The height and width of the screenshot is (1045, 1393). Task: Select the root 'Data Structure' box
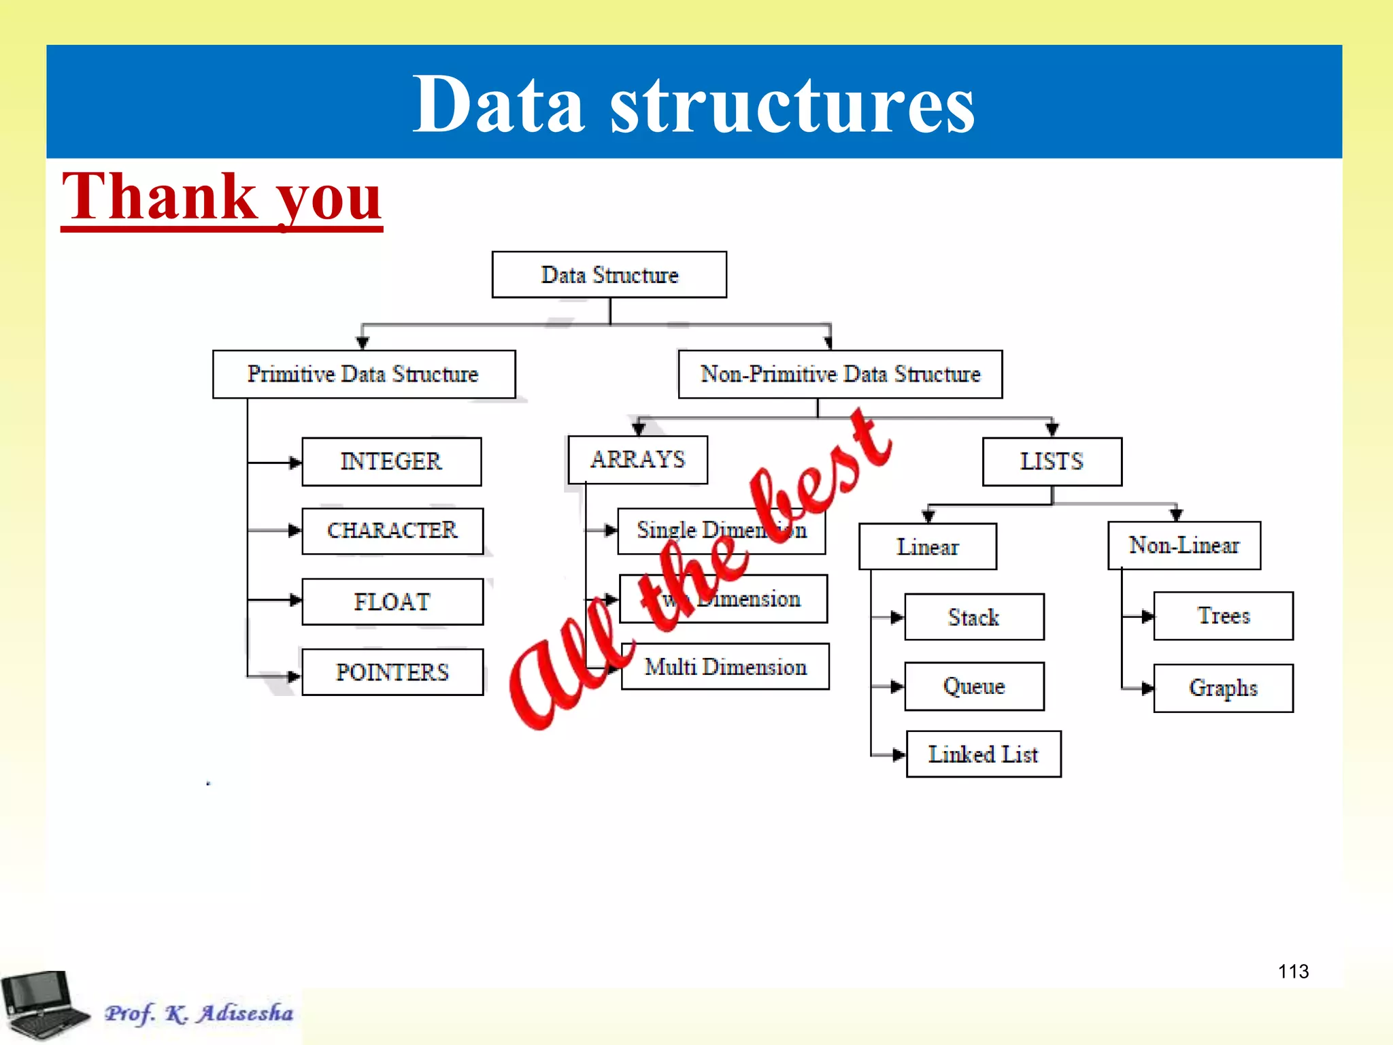click(x=609, y=275)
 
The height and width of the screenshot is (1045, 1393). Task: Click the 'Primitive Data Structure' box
click(x=364, y=374)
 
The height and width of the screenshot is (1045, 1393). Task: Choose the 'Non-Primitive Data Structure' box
click(x=840, y=374)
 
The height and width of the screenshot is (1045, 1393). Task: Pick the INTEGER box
click(x=392, y=462)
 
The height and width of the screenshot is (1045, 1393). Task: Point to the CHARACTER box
click(x=392, y=531)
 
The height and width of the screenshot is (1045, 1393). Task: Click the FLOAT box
click(x=392, y=601)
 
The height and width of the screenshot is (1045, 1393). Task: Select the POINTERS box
click(x=392, y=672)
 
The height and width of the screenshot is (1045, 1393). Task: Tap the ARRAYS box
click(x=638, y=460)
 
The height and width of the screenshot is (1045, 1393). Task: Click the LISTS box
click(x=1052, y=462)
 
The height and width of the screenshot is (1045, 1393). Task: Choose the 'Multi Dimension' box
click(x=726, y=667)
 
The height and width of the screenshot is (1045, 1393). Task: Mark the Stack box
click(x=974, y=617)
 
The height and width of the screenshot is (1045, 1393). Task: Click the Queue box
click(x=974, y=686)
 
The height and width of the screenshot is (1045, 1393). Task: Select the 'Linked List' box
click(x=984, y=754)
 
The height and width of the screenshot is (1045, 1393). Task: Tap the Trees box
click(x=1223, y=616)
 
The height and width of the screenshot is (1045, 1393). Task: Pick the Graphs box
click(x=1223, y=688)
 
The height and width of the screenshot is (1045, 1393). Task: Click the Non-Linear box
click(x=1184, y=546)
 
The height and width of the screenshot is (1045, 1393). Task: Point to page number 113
click(x=1293, y=972)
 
